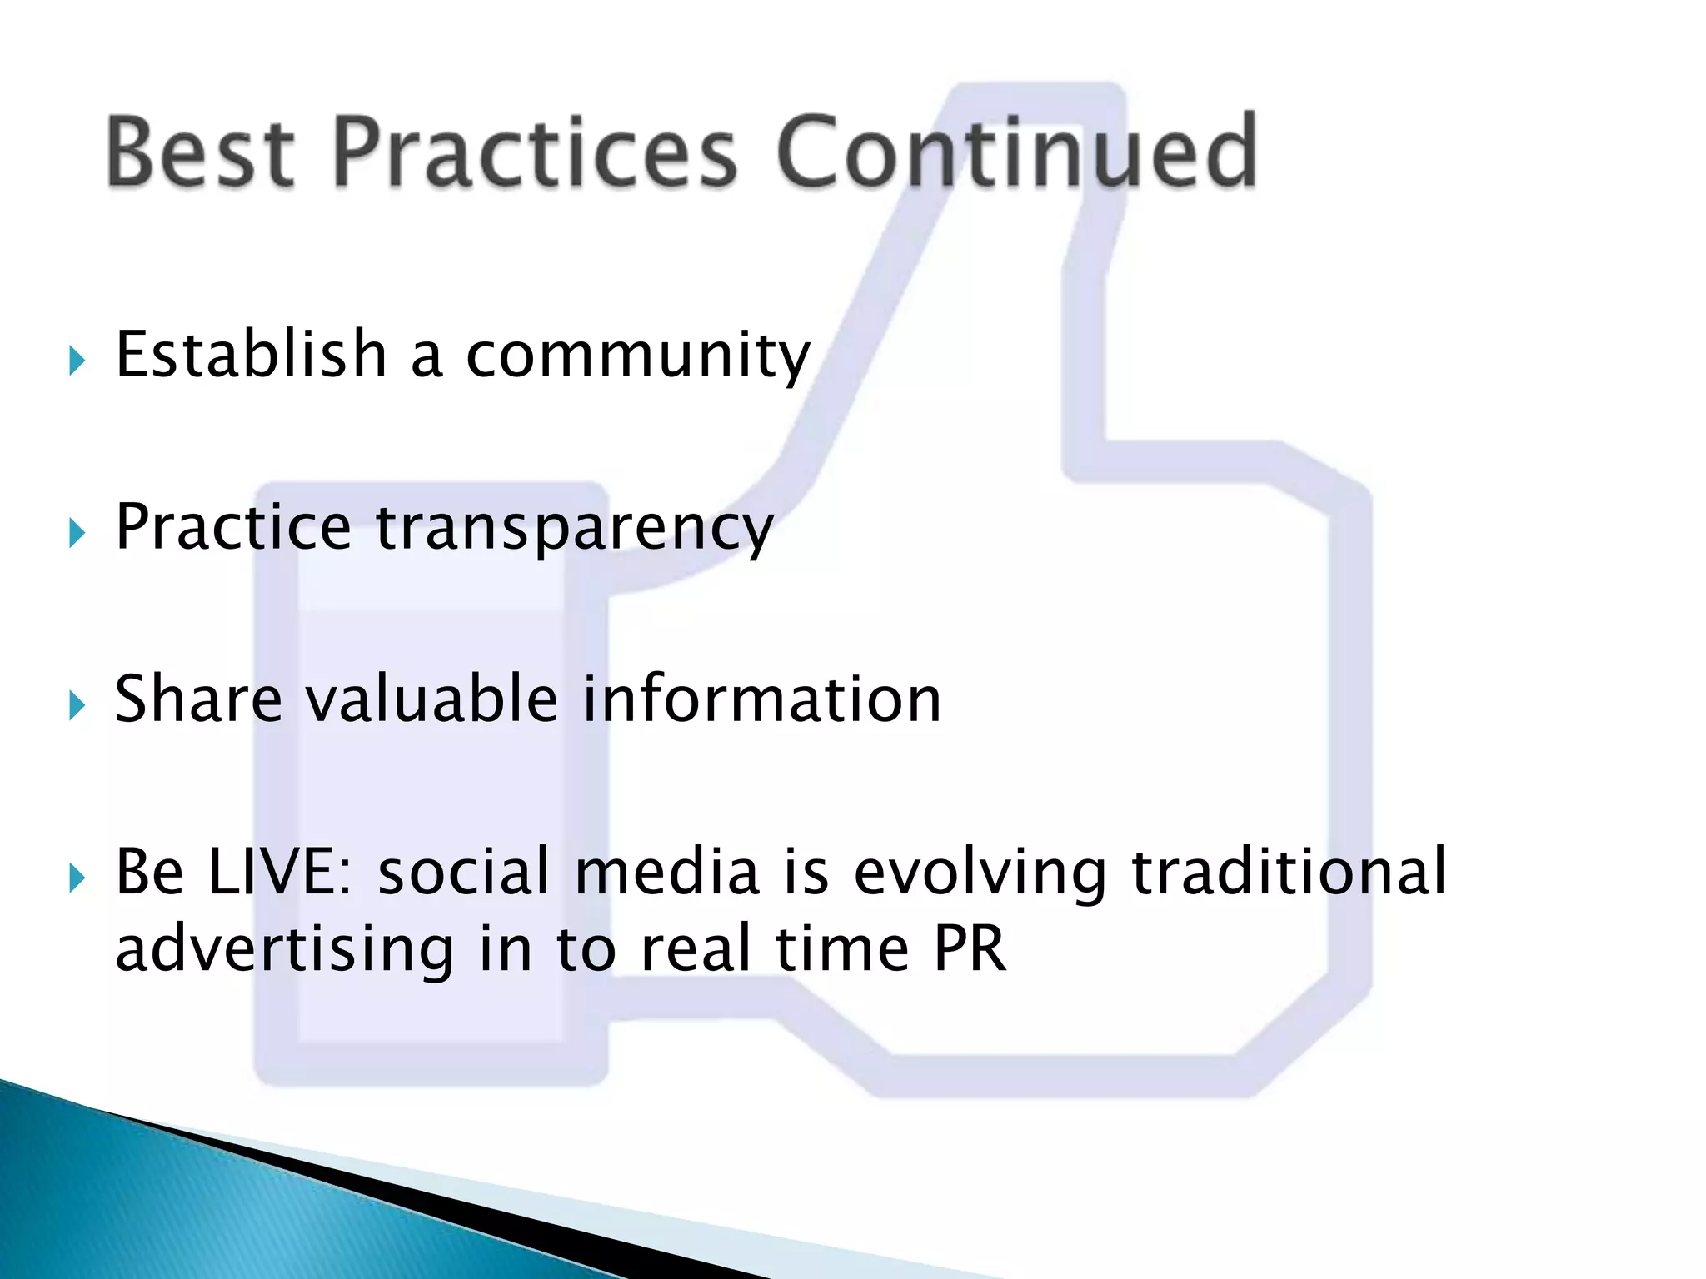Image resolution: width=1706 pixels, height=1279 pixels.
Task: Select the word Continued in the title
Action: point(1016,152)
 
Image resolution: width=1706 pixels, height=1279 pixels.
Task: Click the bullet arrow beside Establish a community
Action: point(77,361)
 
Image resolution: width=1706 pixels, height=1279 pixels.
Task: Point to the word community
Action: point(637,356)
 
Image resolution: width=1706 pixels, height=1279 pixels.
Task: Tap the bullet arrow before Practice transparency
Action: point(77,533)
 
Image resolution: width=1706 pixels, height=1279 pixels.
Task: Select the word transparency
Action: point(575,529)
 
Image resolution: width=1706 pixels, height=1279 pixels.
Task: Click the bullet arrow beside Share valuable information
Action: point(77,705)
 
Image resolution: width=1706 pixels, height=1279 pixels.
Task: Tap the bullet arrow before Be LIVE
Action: point(77,878)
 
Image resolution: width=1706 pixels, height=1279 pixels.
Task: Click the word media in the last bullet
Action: point(666,872)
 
